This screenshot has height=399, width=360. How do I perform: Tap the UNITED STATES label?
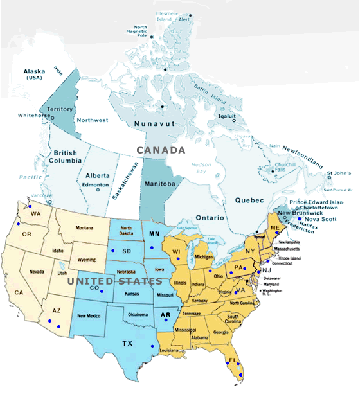(115, 281)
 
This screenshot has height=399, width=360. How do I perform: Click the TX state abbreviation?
(127, 344)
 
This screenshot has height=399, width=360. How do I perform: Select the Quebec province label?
(249, 200)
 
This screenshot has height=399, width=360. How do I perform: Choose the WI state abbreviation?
(177, 252)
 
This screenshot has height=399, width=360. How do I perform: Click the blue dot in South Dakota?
(113, 250)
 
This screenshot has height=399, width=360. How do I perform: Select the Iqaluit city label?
(229, 116)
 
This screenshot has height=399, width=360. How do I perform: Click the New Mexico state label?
(89, 316)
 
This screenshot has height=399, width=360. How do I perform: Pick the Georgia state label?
(221, 332)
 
